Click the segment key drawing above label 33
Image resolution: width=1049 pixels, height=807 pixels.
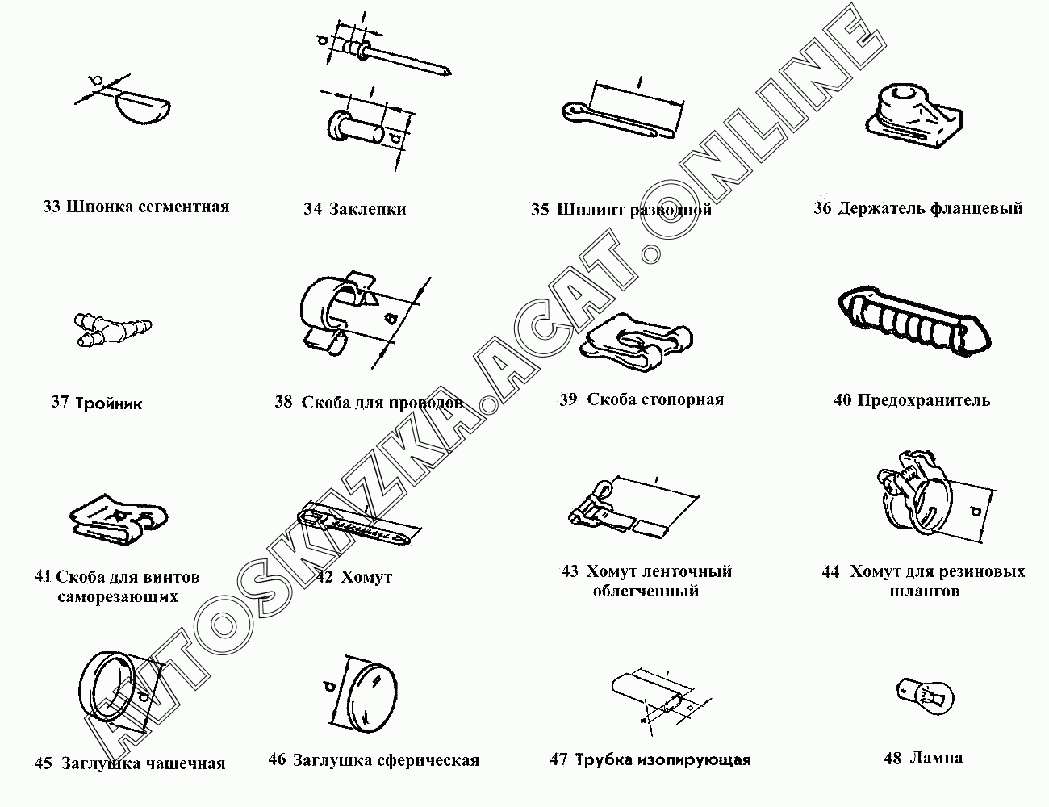pos(144,109)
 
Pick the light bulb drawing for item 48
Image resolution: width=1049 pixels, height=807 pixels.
pos(925,696)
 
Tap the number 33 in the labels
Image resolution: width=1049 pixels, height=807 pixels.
pos(52,207)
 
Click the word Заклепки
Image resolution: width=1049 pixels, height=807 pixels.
pos(367,209)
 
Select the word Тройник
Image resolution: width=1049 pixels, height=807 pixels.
pos(109,403)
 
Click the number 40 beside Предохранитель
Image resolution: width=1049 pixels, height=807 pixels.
pos(842,400)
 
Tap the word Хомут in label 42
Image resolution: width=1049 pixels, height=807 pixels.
pos(366,577)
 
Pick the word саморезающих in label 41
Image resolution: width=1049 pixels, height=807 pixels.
pos(118,596)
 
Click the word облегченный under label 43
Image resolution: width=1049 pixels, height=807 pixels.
pos(646,591)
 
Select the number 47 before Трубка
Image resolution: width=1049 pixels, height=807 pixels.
pos(558,759)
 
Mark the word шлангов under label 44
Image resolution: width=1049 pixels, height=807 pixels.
pos(925,592)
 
